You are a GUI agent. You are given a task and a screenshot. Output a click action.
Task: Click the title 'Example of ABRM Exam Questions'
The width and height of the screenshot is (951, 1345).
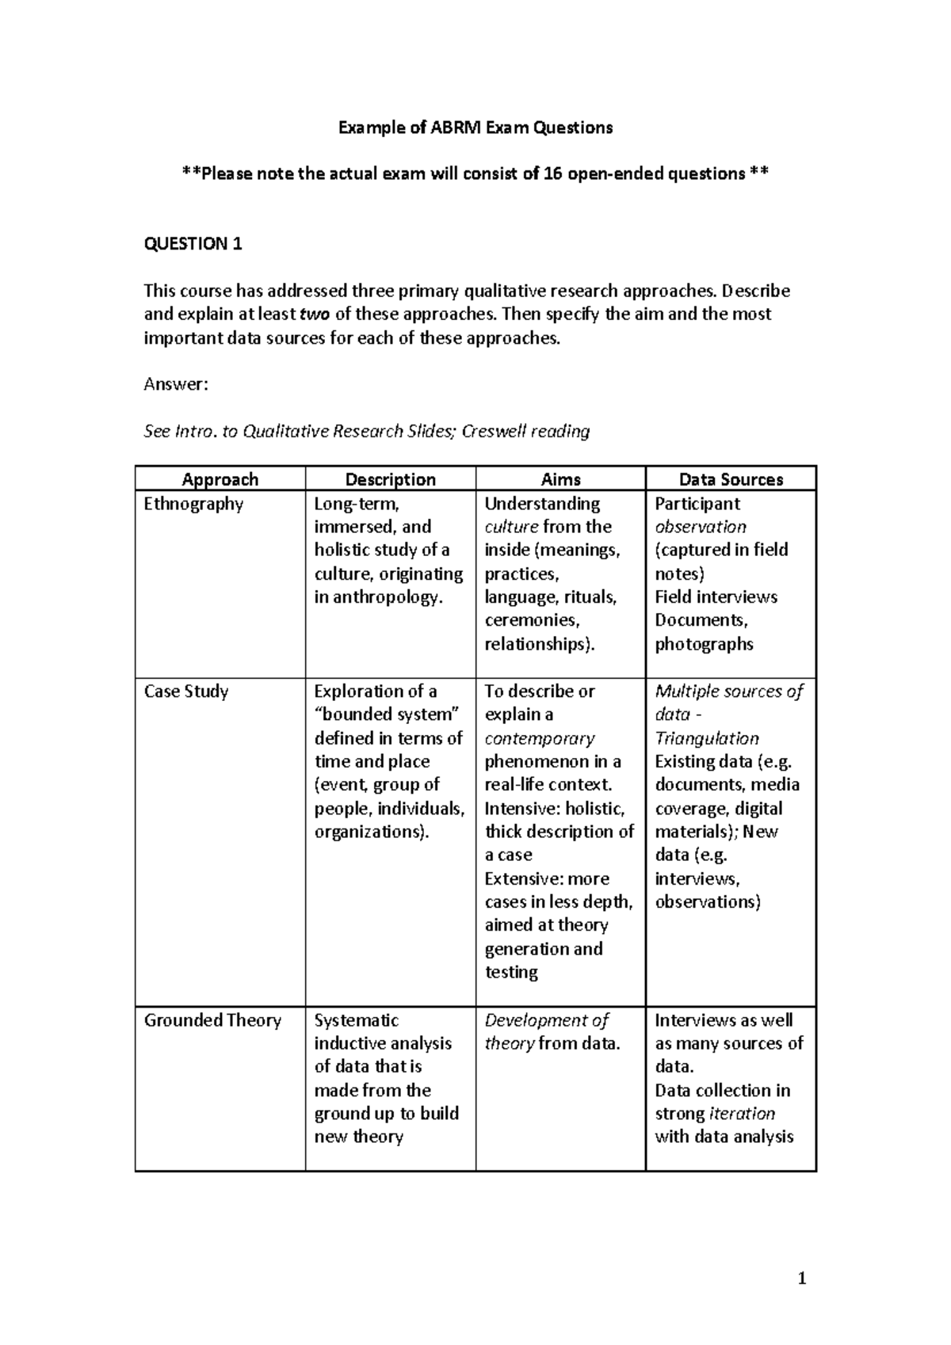(475, 128)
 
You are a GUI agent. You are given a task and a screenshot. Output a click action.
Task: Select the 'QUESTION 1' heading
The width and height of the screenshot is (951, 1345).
(193, 244)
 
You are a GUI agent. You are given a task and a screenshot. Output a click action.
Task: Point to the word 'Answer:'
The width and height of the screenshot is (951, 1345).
(175, 385)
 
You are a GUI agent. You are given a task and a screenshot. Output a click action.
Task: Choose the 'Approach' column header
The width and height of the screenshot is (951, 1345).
(220, 479)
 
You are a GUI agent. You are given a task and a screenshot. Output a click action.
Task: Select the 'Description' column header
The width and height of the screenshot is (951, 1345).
(390, 479)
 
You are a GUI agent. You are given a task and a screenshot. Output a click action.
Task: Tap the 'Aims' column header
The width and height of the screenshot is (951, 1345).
(560, 479)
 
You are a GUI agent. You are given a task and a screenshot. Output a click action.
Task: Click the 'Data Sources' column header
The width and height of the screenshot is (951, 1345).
(731, 479)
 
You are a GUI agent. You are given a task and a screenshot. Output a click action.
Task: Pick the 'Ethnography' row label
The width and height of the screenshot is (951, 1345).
(193, 504)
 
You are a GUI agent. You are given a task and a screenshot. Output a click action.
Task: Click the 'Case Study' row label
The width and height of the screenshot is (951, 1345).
(185, 692)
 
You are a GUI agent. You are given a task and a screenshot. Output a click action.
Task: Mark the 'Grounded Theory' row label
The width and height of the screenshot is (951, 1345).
(212, 1020)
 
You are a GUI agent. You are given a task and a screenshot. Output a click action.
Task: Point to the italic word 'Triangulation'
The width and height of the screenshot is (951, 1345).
(706, 738)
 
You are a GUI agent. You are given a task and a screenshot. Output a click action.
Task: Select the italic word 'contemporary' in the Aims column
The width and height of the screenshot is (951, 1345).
(539, 738)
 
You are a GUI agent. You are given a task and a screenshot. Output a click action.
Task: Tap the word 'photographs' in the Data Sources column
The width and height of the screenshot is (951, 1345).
(704, 644)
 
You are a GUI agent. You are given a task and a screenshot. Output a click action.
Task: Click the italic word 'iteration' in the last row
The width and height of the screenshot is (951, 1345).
(742, 1114)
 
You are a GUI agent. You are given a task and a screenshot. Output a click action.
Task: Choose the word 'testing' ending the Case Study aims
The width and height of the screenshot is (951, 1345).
(511, 972)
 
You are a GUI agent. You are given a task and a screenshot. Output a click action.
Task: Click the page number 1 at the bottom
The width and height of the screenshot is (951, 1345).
(802, 1278)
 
